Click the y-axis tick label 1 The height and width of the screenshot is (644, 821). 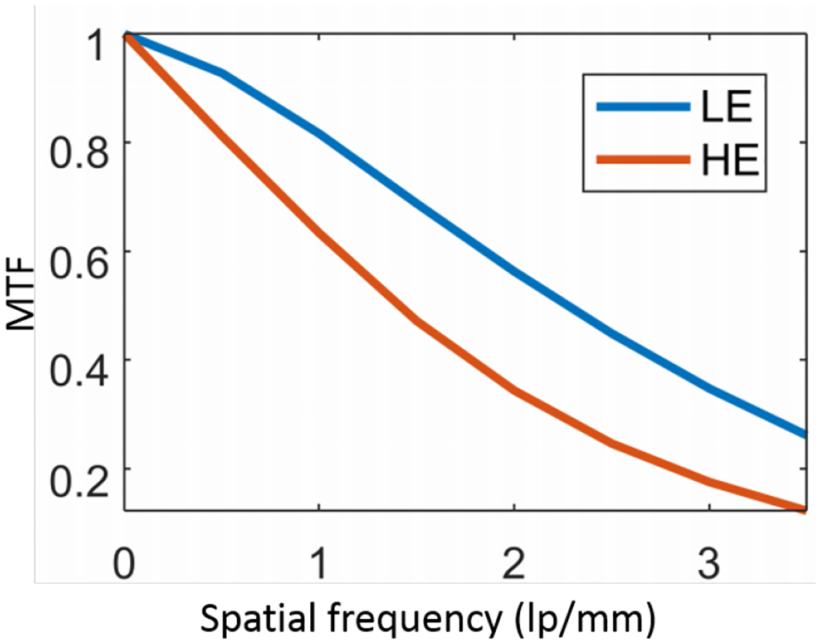pyautogui.click(x=96, y=46)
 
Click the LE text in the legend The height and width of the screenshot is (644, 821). pyautogui.click(x=727, y=106)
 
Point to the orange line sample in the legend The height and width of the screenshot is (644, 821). pyautogui.click(x=642, y=160)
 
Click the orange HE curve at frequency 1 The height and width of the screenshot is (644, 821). pyautogui.click(x=319, y=233)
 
